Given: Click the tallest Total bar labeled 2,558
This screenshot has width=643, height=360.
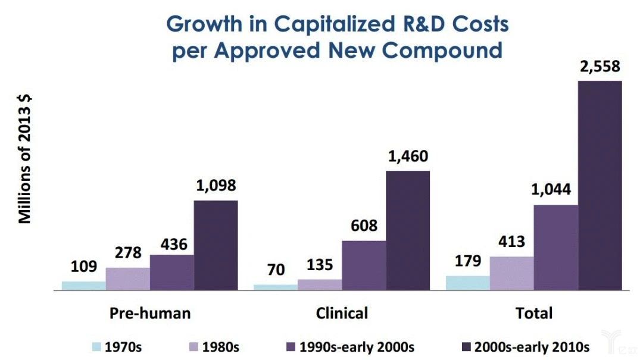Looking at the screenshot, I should pos(600,185).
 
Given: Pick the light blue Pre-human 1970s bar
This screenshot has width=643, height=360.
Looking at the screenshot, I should pos(84,286).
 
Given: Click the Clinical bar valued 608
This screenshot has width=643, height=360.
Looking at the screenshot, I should pos(364,265).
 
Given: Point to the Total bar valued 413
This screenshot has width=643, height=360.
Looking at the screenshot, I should pos(511,273).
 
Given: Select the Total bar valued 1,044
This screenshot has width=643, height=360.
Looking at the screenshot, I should pos(555,248).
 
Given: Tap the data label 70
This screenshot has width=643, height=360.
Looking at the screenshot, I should pos(276,270).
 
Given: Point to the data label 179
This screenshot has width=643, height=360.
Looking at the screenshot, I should pos(468,262).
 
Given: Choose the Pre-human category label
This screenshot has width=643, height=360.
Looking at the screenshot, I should pos(150,313).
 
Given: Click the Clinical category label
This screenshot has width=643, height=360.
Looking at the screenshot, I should pos(342,313).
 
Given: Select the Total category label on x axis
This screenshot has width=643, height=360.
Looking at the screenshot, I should pos(534,313).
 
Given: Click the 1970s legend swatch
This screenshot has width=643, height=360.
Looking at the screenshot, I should pos(96,347).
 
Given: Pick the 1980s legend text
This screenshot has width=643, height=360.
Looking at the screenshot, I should pos(221,347).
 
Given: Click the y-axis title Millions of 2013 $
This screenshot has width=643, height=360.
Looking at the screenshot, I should pos(24,159).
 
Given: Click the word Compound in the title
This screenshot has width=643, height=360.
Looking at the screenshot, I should pos(442,50).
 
